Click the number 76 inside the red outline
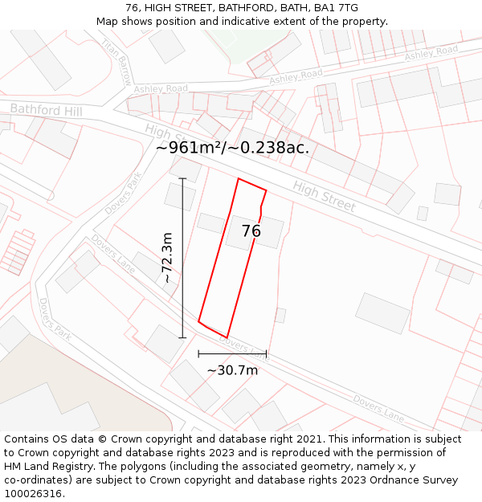point(251,231)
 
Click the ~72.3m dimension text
point(167,258)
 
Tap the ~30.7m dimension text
point(232,370)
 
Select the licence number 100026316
point(34,494)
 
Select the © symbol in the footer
point(102,439)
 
